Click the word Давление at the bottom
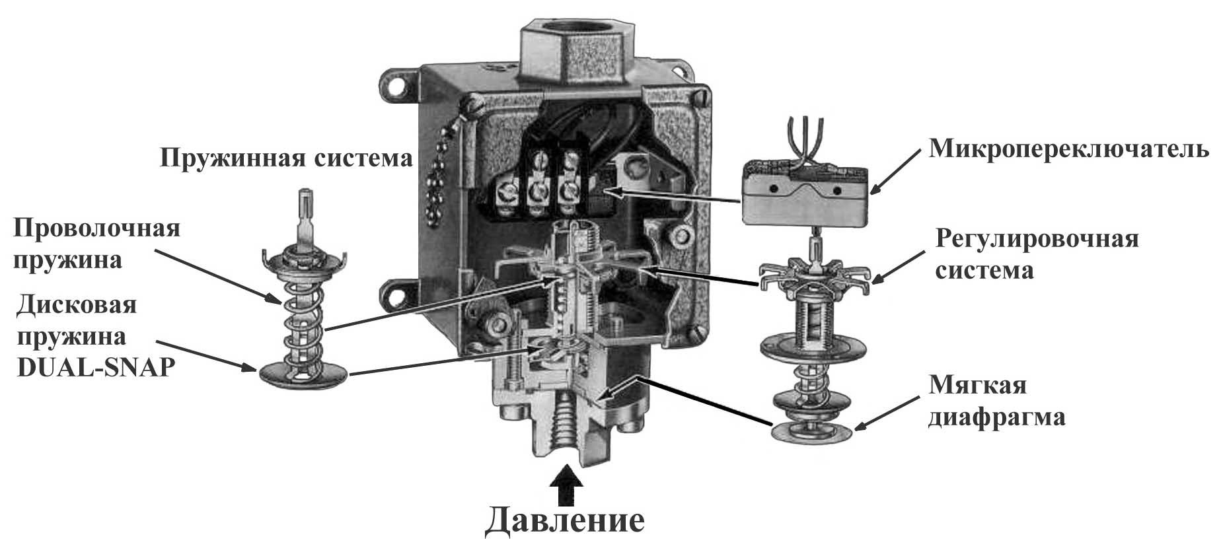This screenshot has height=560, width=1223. click(x=565, y=521)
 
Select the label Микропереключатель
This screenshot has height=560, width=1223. click(x=1069, y=150)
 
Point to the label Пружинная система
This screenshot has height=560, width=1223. click(x=286, y=158)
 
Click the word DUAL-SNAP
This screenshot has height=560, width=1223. click(x=95, y=367)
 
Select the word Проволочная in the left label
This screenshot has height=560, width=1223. click(x=97, y=228)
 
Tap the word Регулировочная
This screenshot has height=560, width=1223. click(x=1037, y=239)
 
